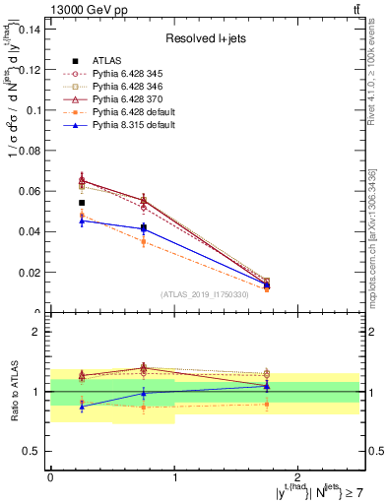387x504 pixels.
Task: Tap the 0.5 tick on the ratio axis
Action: pyautogui.click(x=35, y=451)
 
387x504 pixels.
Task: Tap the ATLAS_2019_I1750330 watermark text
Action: pyautogui.click(x=205, y=294)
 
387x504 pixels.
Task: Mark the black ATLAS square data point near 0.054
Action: pyautogui.click(x=82, y=203)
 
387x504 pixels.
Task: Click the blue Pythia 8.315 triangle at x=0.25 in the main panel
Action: pyautogui.click(x=82, y=220)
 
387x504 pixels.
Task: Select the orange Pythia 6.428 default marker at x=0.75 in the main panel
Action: pyautogui.click(x=144, y=242)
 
